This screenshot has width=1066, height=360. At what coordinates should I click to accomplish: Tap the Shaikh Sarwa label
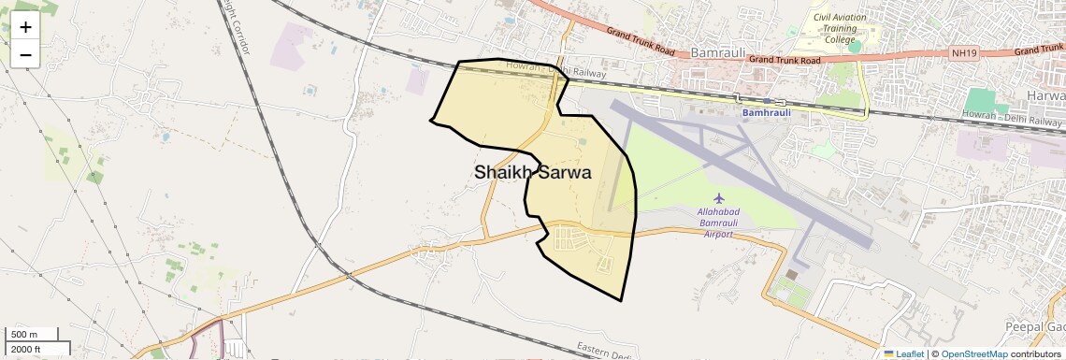click(x=532, y=172)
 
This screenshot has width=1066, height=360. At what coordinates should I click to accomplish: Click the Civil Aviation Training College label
click(x=840, y=29)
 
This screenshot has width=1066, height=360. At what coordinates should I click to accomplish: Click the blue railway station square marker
click(x=767, y=101)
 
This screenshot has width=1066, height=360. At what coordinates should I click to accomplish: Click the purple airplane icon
click(x=719, y=198)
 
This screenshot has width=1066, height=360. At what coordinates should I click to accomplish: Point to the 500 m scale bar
click(x=33, y=335)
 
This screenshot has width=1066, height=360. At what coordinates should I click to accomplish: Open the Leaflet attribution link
click(x=902, y=353)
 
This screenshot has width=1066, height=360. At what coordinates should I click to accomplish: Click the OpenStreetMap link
click(x=973, y=353)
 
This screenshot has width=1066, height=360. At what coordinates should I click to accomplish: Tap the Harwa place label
click(x=1046, y=95)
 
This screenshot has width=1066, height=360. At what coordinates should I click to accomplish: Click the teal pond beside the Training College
click(x=854, y=46)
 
